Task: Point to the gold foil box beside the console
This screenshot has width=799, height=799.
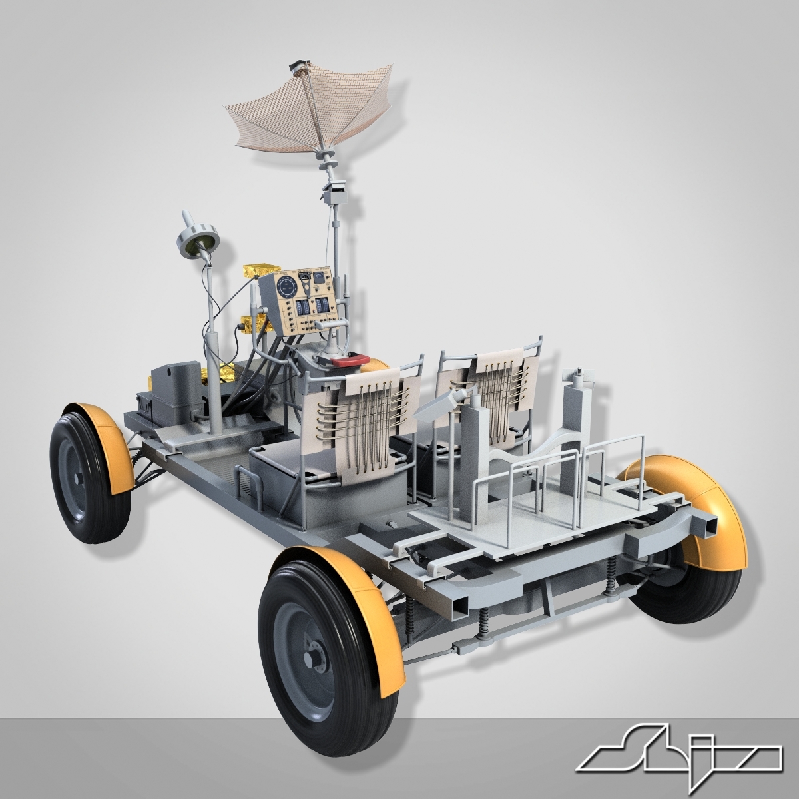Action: pyautogui.click(x=260, y=271)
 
